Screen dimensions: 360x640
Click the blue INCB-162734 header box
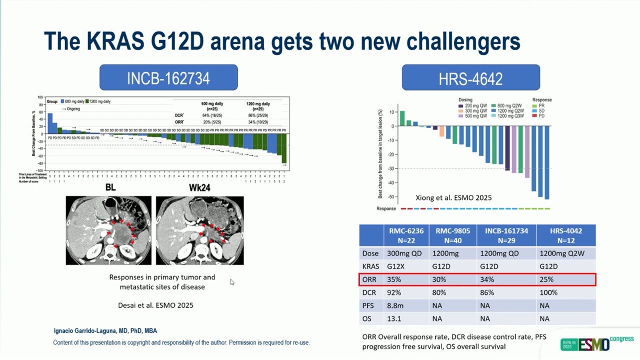tap(168, 77)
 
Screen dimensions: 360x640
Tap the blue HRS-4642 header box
tap(470, 77)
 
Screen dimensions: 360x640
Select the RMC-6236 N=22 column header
tap(406, 235)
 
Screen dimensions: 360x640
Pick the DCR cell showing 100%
tap(548, 292)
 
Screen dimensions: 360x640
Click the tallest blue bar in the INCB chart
tap(49, 123)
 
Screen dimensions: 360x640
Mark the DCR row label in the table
tap(370, 292)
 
